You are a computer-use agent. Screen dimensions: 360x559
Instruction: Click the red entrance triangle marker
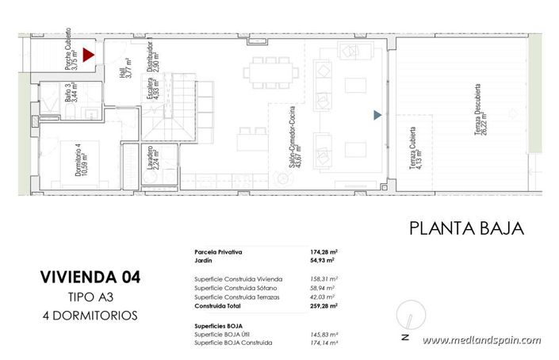coord(89,55)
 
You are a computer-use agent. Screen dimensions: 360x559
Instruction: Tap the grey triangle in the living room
coord(378,115)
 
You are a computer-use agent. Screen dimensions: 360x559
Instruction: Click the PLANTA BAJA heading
coord(466,229)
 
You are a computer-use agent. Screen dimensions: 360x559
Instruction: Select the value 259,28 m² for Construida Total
coord(321,304)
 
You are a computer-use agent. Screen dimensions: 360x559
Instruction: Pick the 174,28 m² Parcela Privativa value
coord(321,251)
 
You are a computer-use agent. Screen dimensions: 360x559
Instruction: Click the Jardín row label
coord(205,259)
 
